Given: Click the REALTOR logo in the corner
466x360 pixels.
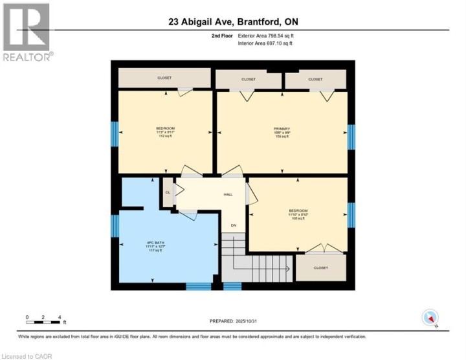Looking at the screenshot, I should point(27,32).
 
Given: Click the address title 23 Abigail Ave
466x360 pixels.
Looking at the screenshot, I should point(233,21).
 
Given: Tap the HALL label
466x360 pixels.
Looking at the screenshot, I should point(228,194).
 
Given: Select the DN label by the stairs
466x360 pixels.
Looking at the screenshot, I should point(234,225).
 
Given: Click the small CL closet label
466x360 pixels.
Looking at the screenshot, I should point(168,192).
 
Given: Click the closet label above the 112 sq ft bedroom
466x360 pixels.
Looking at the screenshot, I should point(164,78).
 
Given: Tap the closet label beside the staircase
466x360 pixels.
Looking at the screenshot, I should point(320,267).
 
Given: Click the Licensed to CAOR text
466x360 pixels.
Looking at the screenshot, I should point(27,355).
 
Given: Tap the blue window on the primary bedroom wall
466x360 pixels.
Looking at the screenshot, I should point(351,137).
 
